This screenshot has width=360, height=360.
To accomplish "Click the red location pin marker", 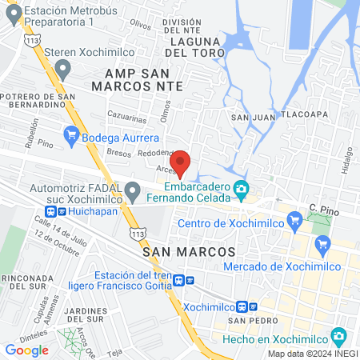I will click(x=182, y=162).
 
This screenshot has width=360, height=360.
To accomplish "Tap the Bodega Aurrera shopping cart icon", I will click(x=71, y=136).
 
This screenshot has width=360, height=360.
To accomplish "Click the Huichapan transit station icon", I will click(x=52, y=212).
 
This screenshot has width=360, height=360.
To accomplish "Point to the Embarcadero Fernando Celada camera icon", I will click(x=241, y=190).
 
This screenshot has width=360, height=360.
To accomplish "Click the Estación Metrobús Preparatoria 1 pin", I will click(x=12, y=15).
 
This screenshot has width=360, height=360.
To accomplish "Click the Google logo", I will click(x=26, y=350).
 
